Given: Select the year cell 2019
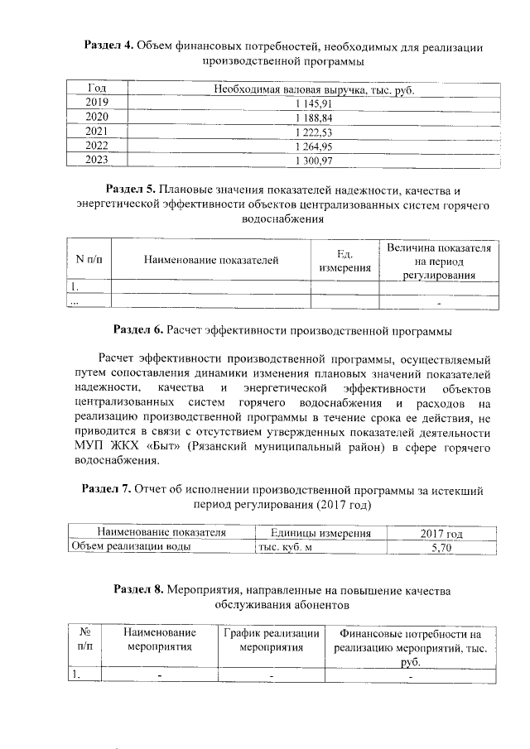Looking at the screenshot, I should pos(97,103).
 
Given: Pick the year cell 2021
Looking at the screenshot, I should pos(97,131).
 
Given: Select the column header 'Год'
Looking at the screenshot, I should pos(97,89).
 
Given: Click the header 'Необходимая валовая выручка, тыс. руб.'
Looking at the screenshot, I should pos(313,89).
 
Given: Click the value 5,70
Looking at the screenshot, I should pos(441,547).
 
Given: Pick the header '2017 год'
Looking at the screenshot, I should pos(441,533).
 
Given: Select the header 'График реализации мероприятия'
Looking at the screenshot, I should pos(271,640).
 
